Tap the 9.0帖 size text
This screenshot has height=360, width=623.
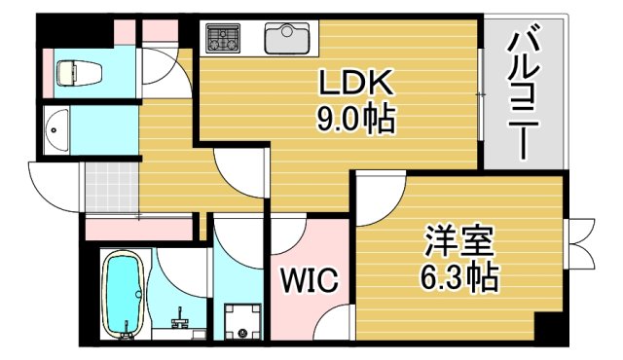[x=354, y=120]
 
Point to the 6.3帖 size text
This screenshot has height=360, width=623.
[x=460, y=278]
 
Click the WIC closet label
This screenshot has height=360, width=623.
[x=310, y=281]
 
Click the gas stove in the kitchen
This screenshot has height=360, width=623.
[x=223, y=38]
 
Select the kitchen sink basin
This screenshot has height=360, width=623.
[x=286, y=39]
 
